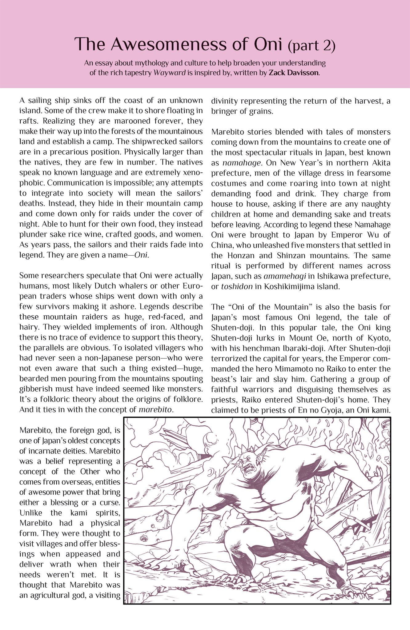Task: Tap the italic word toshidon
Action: pos(237,287)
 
